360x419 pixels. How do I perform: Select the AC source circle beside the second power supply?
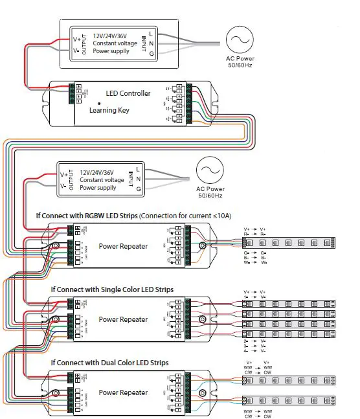click(x=210, y=170)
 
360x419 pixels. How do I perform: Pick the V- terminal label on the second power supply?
click(x=63, y=185)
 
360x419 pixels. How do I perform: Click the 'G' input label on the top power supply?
click(x=152, y=54)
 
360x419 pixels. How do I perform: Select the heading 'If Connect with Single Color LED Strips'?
click(x=112, y=289)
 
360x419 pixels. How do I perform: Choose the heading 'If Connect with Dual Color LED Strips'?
click(x=110, y=363)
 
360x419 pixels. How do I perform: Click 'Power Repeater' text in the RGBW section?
click(x=123, y=246)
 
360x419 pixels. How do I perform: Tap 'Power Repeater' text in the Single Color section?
click(x=123, y=319)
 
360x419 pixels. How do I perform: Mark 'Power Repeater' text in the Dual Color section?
click(x=123, y=392)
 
